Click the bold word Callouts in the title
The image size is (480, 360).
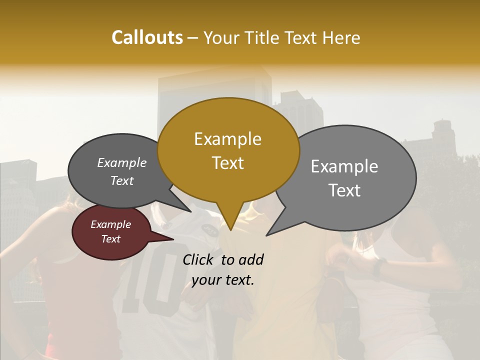147,37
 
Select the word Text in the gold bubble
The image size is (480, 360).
227,162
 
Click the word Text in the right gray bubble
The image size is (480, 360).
344,190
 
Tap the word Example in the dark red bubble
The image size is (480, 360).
110,224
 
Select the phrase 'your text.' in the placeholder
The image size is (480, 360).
223,280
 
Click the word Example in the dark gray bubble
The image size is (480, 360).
121,162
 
